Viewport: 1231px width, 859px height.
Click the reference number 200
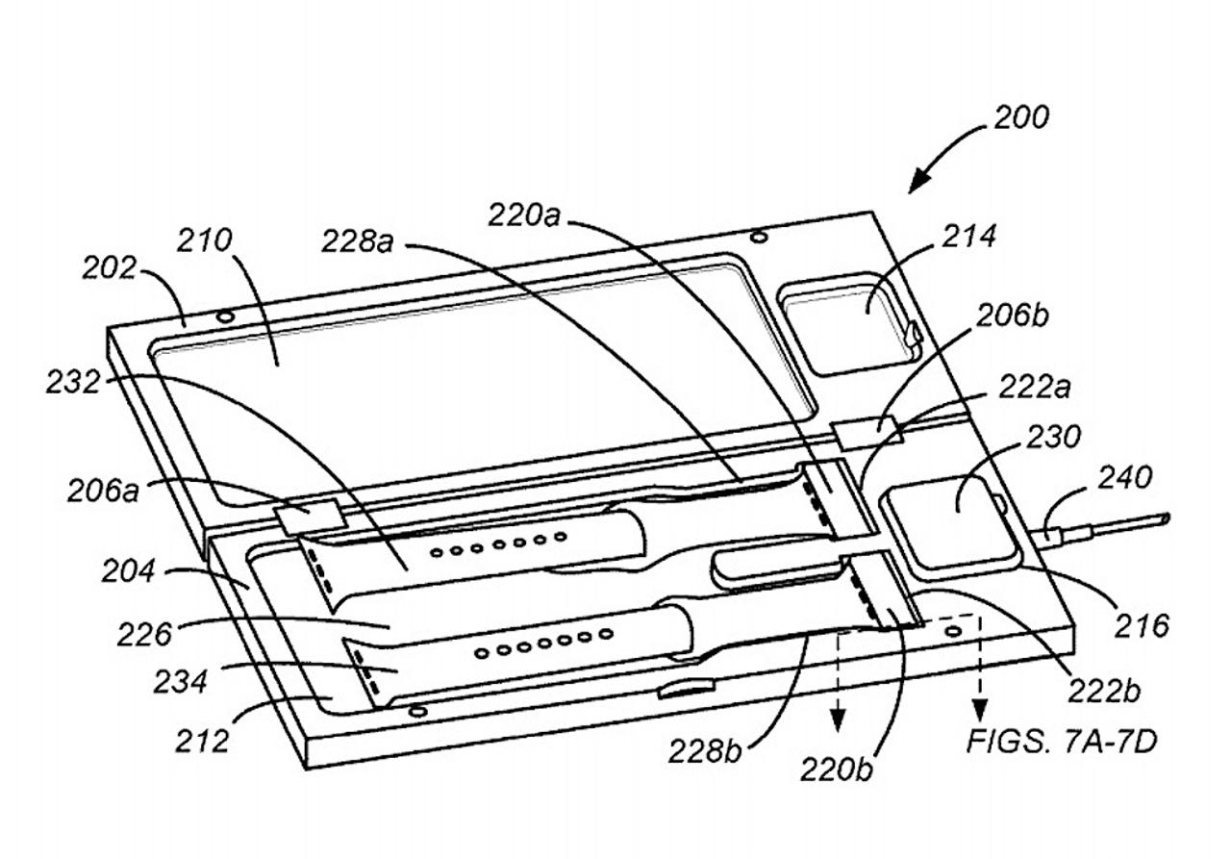pyautogui.click(x=1021, y=118)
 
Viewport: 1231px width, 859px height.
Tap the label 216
pyautogui.click(x=1141, y=625)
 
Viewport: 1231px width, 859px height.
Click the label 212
pyautogui.click(x=202, y=741)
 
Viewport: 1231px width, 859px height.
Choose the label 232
pyautogui.click(x=74, y=382)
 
